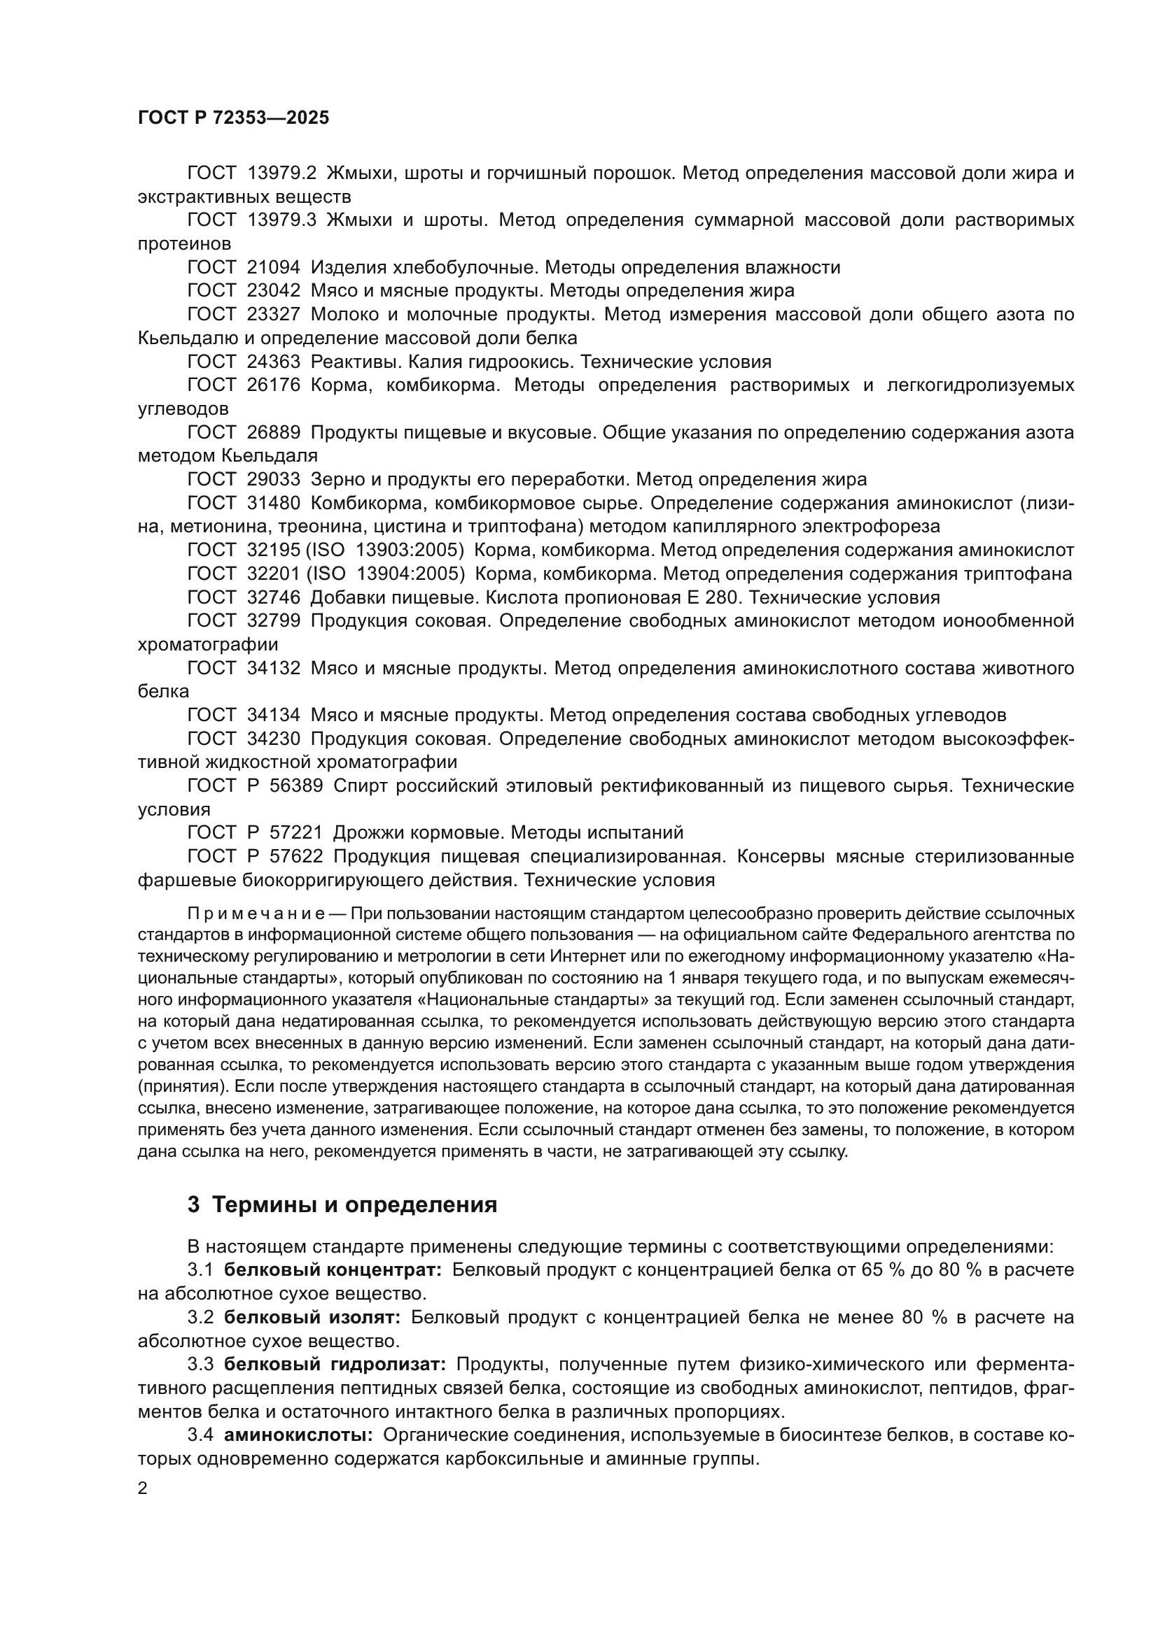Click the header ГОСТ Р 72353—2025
(233, 118)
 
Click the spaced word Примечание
(256, 913)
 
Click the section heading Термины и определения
(354, 1205)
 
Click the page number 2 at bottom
(143, 1488)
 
